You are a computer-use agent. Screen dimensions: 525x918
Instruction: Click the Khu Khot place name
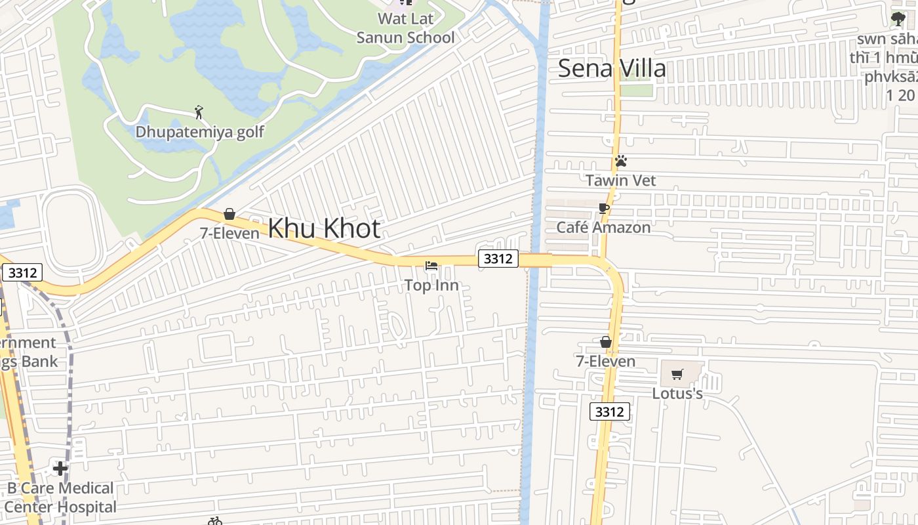coord(324,229)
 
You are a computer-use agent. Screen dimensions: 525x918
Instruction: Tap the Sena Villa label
coord(611,69)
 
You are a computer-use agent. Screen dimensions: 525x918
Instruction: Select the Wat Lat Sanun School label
coord(405,28)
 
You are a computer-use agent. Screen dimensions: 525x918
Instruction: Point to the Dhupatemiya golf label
coord(199,132)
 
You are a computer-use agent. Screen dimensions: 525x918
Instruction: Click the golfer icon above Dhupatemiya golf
coord(199,112)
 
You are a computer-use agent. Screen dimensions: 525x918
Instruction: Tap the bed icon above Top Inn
coord(431,266)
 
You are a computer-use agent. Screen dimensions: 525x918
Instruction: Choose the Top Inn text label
coord(431,285)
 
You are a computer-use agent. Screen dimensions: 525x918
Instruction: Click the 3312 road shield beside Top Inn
coord(498,259)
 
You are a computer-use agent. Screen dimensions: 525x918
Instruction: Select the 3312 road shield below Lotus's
coord(610,411)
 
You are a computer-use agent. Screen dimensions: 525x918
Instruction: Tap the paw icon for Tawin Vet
coord(620,161)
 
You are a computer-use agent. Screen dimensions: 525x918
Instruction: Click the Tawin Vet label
coord(620,180)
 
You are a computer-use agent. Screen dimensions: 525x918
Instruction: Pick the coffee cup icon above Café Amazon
coord(604,209)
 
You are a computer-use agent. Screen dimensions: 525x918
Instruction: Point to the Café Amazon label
coord(603,228)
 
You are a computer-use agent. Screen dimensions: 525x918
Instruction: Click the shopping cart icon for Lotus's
coord(677,374)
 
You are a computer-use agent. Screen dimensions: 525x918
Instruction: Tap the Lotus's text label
coord(677,394)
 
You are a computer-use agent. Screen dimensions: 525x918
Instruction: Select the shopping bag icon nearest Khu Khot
coord(229,214)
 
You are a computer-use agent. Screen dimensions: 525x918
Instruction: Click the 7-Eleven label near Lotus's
coord(605,362)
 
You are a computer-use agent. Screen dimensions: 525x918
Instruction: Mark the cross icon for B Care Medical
coord(60,469)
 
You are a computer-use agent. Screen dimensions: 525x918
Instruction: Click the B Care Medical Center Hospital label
coord(60,497)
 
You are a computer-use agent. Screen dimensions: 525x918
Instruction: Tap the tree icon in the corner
coord(898,20)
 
